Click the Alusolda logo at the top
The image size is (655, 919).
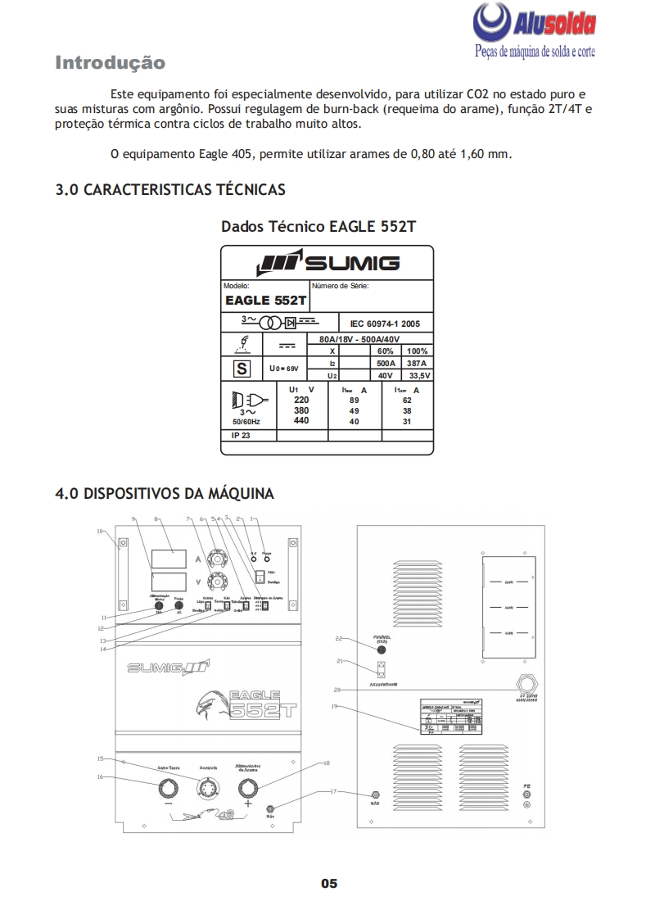coord(535,29)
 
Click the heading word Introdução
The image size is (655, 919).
coord(110,63)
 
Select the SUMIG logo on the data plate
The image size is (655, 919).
coord(327,264)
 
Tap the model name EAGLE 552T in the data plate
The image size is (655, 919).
coord(265,301)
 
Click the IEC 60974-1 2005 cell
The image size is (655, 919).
coord(385,324)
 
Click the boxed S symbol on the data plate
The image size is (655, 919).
coord(242,369)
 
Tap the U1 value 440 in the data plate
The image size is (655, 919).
coord(301,421)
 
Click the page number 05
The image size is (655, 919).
coord(328,884)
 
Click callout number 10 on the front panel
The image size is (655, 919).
coord(100,532)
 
